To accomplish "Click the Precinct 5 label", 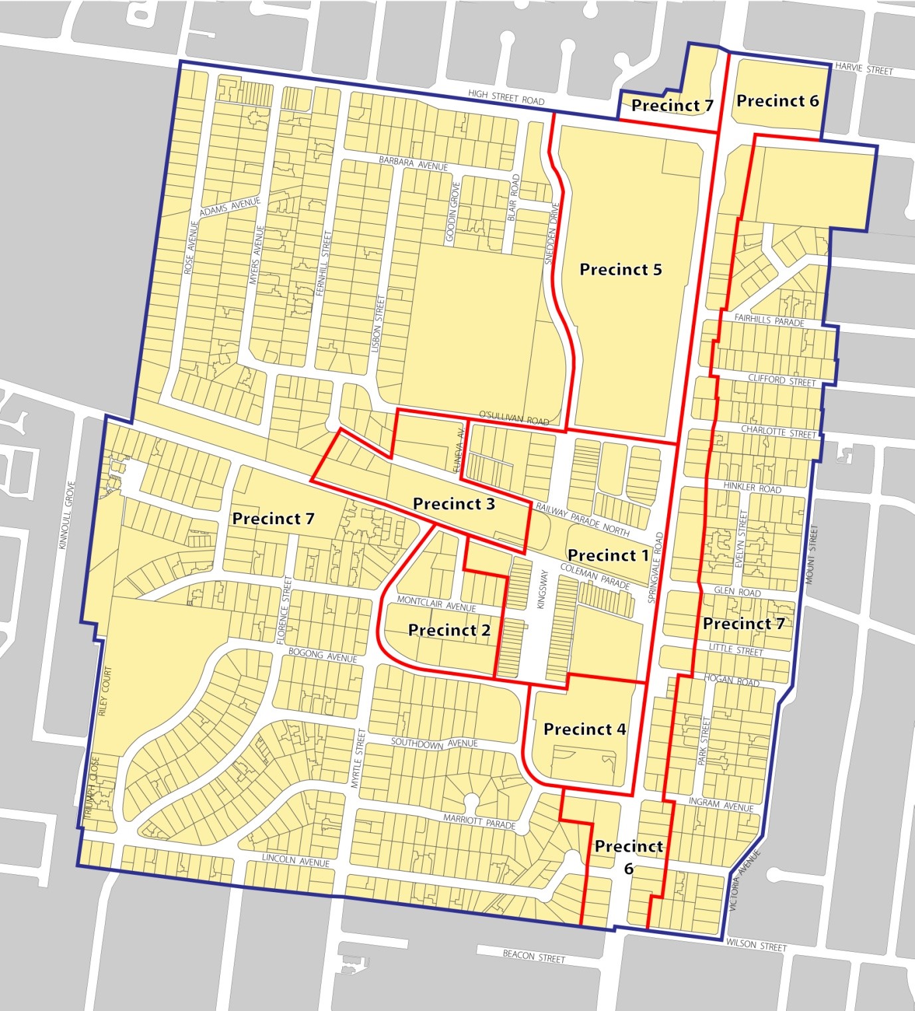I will point(621,270).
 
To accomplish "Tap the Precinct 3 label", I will point(454,504).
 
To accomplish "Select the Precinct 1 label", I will point(608,555).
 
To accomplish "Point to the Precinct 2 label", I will point(449,630).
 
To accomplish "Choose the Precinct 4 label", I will point(585,729).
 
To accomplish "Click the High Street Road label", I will point(506,98).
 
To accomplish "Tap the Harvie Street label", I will point(864,69).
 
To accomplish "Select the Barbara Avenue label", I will point(413,163).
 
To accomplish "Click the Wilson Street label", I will point(756,944).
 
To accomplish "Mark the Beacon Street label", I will point(534,957).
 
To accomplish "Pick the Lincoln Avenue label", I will point(296,860).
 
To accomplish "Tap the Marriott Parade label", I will point(480,821).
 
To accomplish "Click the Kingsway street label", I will point(542,589).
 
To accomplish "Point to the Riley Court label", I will point(104,691).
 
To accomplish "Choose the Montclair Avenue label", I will point(437,603).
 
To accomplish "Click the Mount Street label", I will point(811,555).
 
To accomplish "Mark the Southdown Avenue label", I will point(434,743).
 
